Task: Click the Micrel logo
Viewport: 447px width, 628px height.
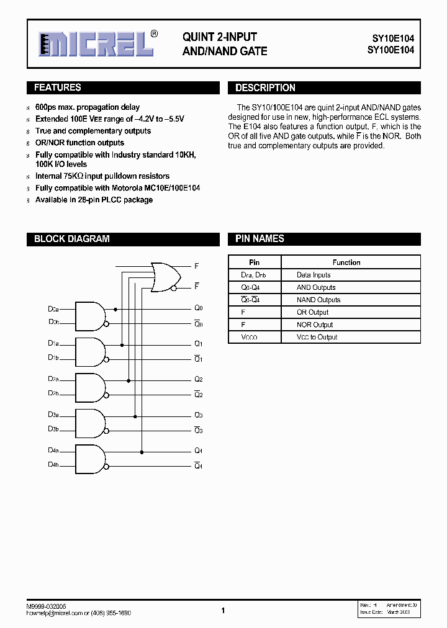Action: (96, 43)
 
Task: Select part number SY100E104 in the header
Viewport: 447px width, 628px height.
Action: (389, 51)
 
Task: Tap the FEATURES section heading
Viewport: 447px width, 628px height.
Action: (57, 88)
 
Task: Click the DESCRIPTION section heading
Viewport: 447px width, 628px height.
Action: (265, 88)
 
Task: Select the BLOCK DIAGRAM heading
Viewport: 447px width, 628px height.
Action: (71, 239)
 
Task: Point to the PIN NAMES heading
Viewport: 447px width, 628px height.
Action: (260, 239)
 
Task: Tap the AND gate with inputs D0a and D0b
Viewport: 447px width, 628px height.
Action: (89, 316)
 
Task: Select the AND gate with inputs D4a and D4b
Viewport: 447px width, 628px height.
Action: (89, 459)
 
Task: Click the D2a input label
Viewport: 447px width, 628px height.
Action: (53, 379)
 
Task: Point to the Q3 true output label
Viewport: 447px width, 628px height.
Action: (198, 415)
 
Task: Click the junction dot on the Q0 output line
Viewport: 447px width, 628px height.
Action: (115, 308)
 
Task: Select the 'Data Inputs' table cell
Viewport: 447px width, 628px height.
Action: (314, 275)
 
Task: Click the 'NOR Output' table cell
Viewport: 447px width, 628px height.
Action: (315, 325)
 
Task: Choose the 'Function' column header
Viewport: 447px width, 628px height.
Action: (346, 262)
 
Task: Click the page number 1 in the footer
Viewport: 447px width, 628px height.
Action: (223, 611)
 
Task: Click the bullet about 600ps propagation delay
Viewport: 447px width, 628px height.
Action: (87, 107)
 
